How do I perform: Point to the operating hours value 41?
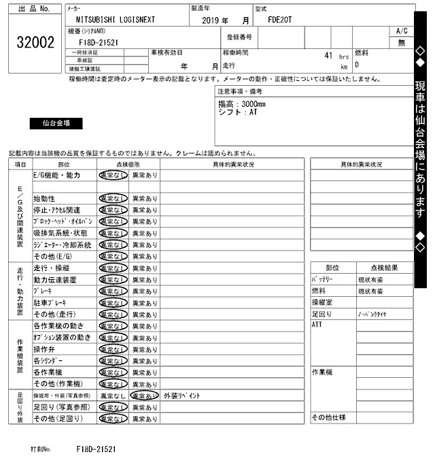328,55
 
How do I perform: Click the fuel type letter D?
357,65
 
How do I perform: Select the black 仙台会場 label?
56,123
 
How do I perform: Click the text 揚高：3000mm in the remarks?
241,103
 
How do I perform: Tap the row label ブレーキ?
43,291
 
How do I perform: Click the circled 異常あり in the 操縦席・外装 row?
145,395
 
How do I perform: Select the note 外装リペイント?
181,396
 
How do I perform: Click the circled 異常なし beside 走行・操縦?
113,268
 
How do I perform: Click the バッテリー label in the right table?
323,279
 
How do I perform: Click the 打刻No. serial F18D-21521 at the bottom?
96,449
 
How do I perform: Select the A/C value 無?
401,42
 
